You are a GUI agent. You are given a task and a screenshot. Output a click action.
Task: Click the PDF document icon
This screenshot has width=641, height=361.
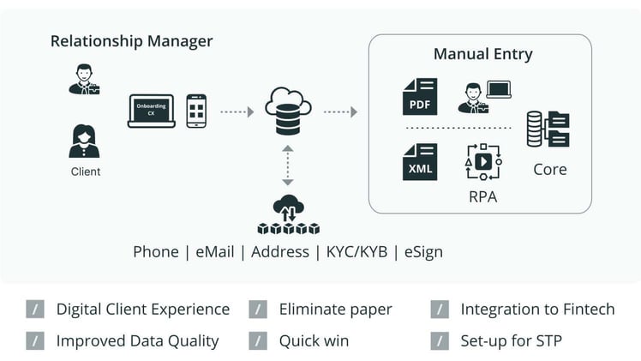coord(420,97)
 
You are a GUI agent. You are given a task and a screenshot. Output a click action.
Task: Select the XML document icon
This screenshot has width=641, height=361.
coord(420,162)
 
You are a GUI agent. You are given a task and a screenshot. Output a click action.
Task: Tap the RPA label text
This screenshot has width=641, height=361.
coord(482,197)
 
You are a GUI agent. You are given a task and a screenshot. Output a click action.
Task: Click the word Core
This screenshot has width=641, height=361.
coord(550,170)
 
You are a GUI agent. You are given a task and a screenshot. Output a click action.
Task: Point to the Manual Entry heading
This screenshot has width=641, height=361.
coord(483,54)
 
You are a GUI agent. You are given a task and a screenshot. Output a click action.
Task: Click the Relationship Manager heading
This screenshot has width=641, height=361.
coord(132,41)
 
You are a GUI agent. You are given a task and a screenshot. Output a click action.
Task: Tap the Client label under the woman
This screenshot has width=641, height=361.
coord(86,171)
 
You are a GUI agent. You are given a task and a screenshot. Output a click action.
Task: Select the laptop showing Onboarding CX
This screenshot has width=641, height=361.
coord(152,111)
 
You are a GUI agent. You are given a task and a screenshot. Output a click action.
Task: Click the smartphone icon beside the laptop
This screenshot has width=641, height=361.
coord(196,111)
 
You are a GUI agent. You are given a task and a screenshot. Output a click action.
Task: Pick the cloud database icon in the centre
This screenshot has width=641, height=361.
coord(288,111)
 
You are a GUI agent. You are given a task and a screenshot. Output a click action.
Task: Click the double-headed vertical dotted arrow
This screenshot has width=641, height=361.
coord(288,165)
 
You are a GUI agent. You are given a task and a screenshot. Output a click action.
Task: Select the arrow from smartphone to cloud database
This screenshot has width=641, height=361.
coord(237,111)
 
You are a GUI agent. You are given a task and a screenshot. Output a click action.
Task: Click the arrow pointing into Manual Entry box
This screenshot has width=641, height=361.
coord(340,111)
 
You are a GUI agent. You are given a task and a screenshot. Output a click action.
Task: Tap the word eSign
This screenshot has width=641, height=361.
coord(423,252)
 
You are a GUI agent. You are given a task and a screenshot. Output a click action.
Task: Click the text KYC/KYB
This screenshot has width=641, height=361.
coord(356,252)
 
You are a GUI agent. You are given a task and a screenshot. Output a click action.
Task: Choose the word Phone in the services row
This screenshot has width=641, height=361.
coord(156,252)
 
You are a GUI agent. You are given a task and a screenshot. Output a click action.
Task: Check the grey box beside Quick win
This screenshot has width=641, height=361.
coord(258,341)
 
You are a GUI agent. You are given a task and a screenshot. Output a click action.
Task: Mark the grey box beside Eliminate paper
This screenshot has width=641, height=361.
coord(258,309)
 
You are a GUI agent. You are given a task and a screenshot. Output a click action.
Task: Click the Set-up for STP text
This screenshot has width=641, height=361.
coord(511,341)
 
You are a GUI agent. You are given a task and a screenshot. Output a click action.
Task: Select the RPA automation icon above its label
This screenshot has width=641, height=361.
coord(483,162)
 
